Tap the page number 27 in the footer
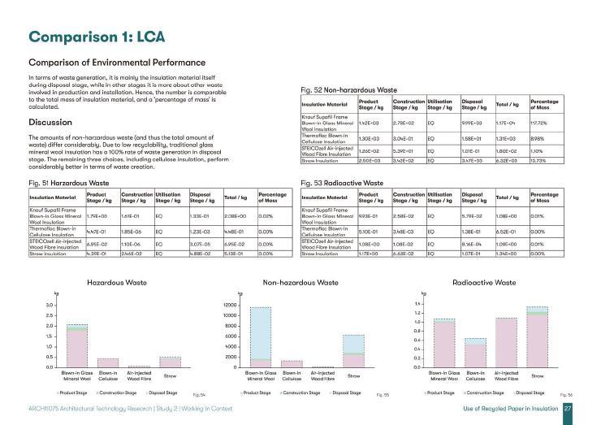point(569,408)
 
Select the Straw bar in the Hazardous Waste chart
point(170,362)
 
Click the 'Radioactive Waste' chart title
point(484,283)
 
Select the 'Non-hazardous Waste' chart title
point(300,283)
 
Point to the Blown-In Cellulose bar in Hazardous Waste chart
point(107,362)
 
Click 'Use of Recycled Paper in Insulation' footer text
point(508,408)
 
